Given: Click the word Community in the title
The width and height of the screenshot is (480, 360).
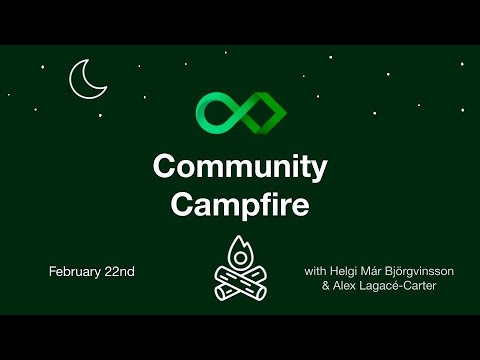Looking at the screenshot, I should (x=240, y=167).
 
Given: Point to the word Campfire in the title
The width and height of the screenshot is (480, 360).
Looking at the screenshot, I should (x=240, y=203).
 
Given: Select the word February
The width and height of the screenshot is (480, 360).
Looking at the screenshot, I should (x=75, y=272).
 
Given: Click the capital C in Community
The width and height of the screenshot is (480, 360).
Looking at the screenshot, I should (x=163, y=167).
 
